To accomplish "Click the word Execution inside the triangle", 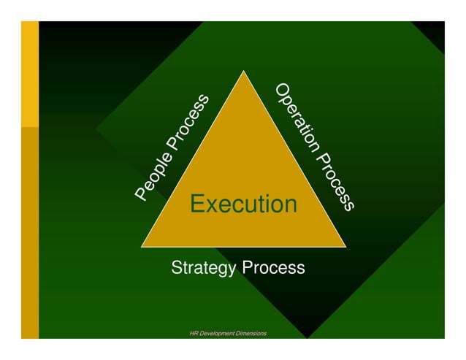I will click(x=243, y=204).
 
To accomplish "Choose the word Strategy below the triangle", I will click(x=204, y=268).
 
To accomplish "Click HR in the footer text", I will click(x=194, y=334).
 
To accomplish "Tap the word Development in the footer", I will click(x=219, y=334).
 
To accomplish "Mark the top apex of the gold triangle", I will click(x=243, y=72).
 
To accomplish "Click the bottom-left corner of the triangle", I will click(x=142, y=246).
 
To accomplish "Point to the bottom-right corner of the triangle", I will click(x=344, y=246).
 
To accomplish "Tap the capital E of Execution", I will click(x=196, y=204).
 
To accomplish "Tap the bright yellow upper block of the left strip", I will click(x=29, y=73).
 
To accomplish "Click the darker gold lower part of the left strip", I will click(x=29, y=234).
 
